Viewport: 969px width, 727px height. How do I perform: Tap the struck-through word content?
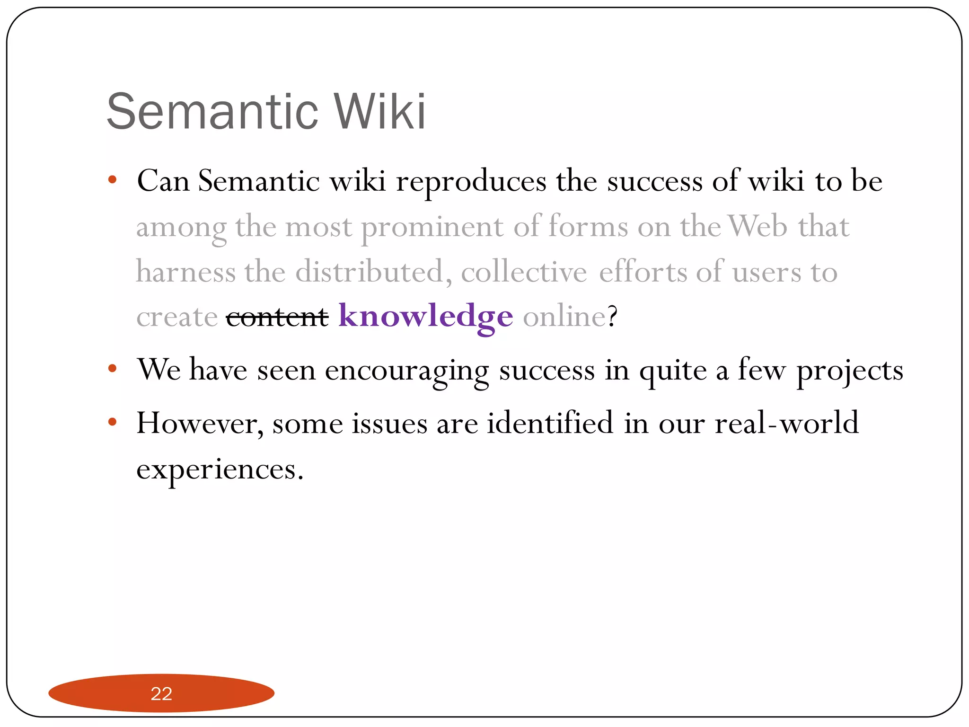pyautogui.click(x=277, y=317)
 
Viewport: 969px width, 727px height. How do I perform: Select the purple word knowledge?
pyautogui.click(x=425, y=316)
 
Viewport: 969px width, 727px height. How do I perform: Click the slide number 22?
pyautogui.click(x=161, y=694)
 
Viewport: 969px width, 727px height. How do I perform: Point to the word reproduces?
pyautogui.click(x=471, y=182)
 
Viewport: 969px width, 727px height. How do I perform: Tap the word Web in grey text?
pyautogui.click(x=758, y=226)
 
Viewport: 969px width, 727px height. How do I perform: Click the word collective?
pyautogui.click(x=524, y=273)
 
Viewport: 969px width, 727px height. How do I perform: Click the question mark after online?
pyautogui.click(x=613, y=316)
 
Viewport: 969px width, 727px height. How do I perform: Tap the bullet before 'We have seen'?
pyautogui.click(x=112, y=368)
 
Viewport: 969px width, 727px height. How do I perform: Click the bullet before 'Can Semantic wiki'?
pyautogui.click(x=112, y=180)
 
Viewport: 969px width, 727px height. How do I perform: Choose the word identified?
pyautogui.click(x=550, y=423)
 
